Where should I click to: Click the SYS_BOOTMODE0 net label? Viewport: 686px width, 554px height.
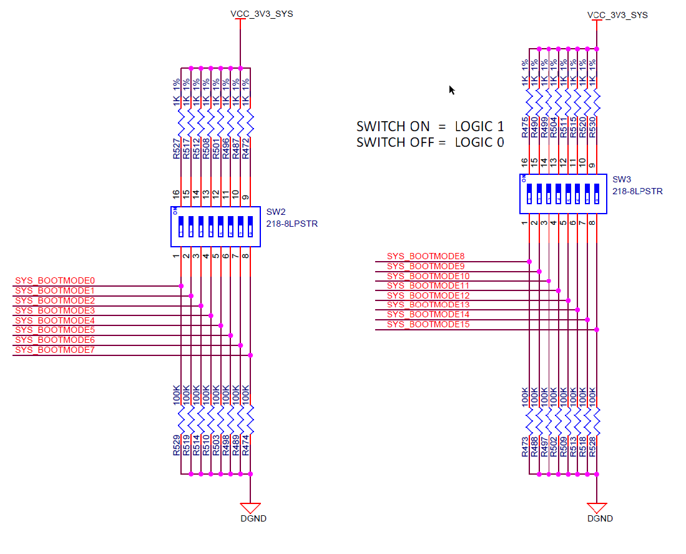(54, 280)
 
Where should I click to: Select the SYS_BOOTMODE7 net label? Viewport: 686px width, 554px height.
(54, 350)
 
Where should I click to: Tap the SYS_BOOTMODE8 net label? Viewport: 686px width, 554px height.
(426, 256)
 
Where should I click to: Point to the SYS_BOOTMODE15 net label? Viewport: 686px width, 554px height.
(428, 324)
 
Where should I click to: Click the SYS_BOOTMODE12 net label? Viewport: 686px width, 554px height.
(428, 295)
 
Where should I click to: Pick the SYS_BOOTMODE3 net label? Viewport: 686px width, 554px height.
(54, 310)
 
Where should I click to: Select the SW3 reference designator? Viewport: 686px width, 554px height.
(622, 180)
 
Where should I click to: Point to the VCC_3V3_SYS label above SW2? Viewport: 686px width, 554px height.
(262, 14)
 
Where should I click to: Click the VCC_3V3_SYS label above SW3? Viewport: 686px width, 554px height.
(617, 14)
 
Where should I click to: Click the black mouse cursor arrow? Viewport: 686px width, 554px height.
(451, 89)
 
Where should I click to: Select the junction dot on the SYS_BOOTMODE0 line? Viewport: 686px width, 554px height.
(181, 286)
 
